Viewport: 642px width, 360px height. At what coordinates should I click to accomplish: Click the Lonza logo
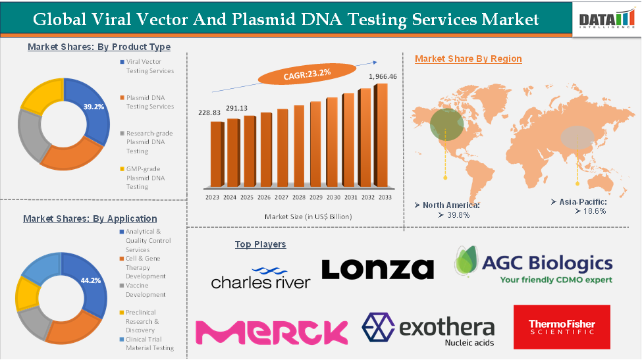point(377,269)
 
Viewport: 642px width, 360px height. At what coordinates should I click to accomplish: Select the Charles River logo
point(260,277)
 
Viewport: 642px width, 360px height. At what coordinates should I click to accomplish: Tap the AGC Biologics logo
point(533,265)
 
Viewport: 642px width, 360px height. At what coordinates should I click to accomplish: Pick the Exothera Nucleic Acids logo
point(428,329)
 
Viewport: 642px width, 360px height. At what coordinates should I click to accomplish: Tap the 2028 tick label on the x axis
point(298,197)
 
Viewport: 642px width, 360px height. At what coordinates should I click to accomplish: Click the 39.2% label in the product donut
point(94,107)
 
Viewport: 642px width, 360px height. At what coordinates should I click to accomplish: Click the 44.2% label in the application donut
point(90,280)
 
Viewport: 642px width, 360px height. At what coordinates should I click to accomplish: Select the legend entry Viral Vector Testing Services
point(149,66)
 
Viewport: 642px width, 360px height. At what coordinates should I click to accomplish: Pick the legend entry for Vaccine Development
point(146,290)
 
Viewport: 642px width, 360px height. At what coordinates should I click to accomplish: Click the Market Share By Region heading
point(468,59)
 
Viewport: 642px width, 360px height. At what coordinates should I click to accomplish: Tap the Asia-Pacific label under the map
point(582,201)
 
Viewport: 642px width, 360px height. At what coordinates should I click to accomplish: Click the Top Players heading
point(260,244)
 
